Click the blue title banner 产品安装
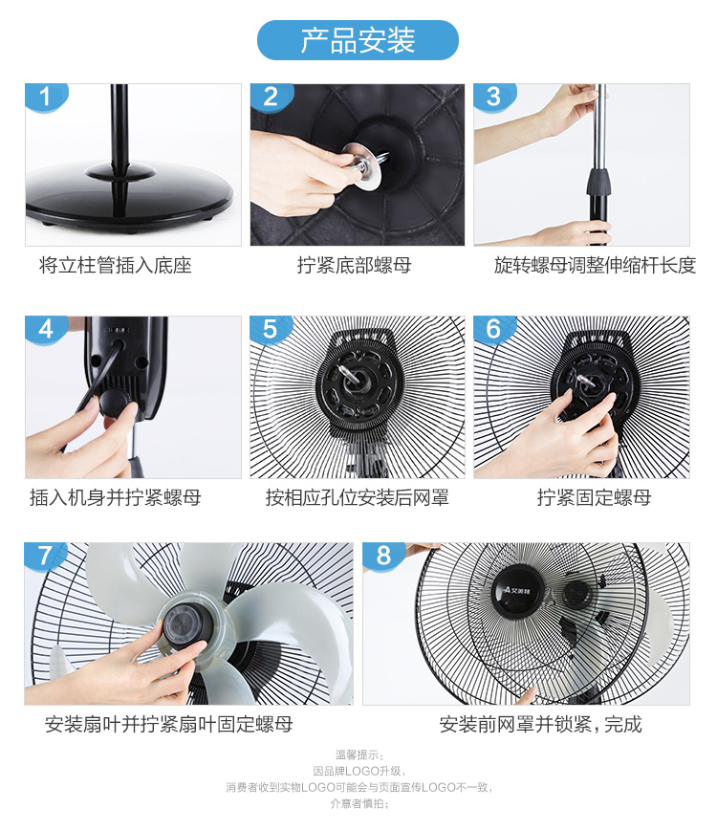point(358,40)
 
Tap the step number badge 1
point(46,98)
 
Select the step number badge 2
point(271,98)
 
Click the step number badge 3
point(494,98)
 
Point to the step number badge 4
point(46,330)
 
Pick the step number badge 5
point(271,330)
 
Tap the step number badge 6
point(494,330)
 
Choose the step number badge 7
point(46,556)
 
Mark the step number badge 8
point(383,556)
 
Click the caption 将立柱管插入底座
point(116,265)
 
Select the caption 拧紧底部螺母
point(354,265)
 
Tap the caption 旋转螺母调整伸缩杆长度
point(595,265)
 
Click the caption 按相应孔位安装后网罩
point(358,497)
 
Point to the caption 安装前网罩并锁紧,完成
point(540,724)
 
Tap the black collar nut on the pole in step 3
point(598,182)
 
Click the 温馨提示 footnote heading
point(358,754)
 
